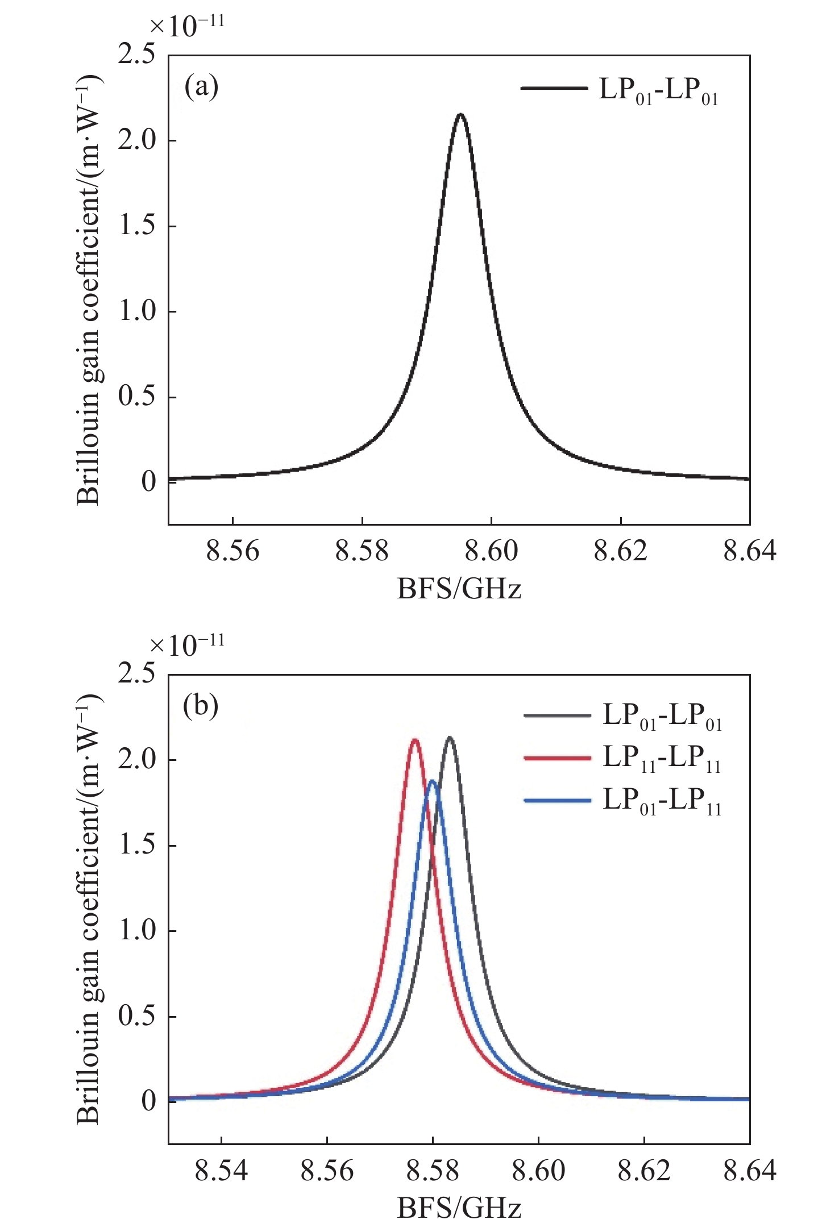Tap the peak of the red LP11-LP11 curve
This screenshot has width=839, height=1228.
tap(415, 740)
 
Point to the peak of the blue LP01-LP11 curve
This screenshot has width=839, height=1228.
tap(433, 781)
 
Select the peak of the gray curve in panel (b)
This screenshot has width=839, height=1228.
tap(450, 738)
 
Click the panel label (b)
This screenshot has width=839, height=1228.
tap(201, 706)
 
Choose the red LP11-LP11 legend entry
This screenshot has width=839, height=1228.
tap(622, 758)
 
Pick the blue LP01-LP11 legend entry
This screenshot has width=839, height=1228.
tap(622, 801)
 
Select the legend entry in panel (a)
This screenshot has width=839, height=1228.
tap(620, 89)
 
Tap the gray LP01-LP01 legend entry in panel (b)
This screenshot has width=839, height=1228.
tap(622, 715)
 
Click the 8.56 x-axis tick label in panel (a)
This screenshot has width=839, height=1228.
tap(232, 551)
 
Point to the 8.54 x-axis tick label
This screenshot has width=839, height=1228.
tap(221, 1171)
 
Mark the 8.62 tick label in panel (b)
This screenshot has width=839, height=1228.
tap(644, 1171)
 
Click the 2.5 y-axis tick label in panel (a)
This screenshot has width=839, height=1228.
tap(136, 55)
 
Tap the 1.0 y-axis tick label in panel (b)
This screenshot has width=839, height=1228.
tap(136, 931)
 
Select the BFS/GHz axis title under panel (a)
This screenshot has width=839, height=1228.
tap(459, 589)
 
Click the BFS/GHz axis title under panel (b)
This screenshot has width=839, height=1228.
tap(459, 1208)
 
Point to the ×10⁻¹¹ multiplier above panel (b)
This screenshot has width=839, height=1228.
tap(187, 645)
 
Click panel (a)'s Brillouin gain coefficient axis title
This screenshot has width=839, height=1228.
tap(88, 290)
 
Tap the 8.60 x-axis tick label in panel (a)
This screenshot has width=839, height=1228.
tap(491, 551)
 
